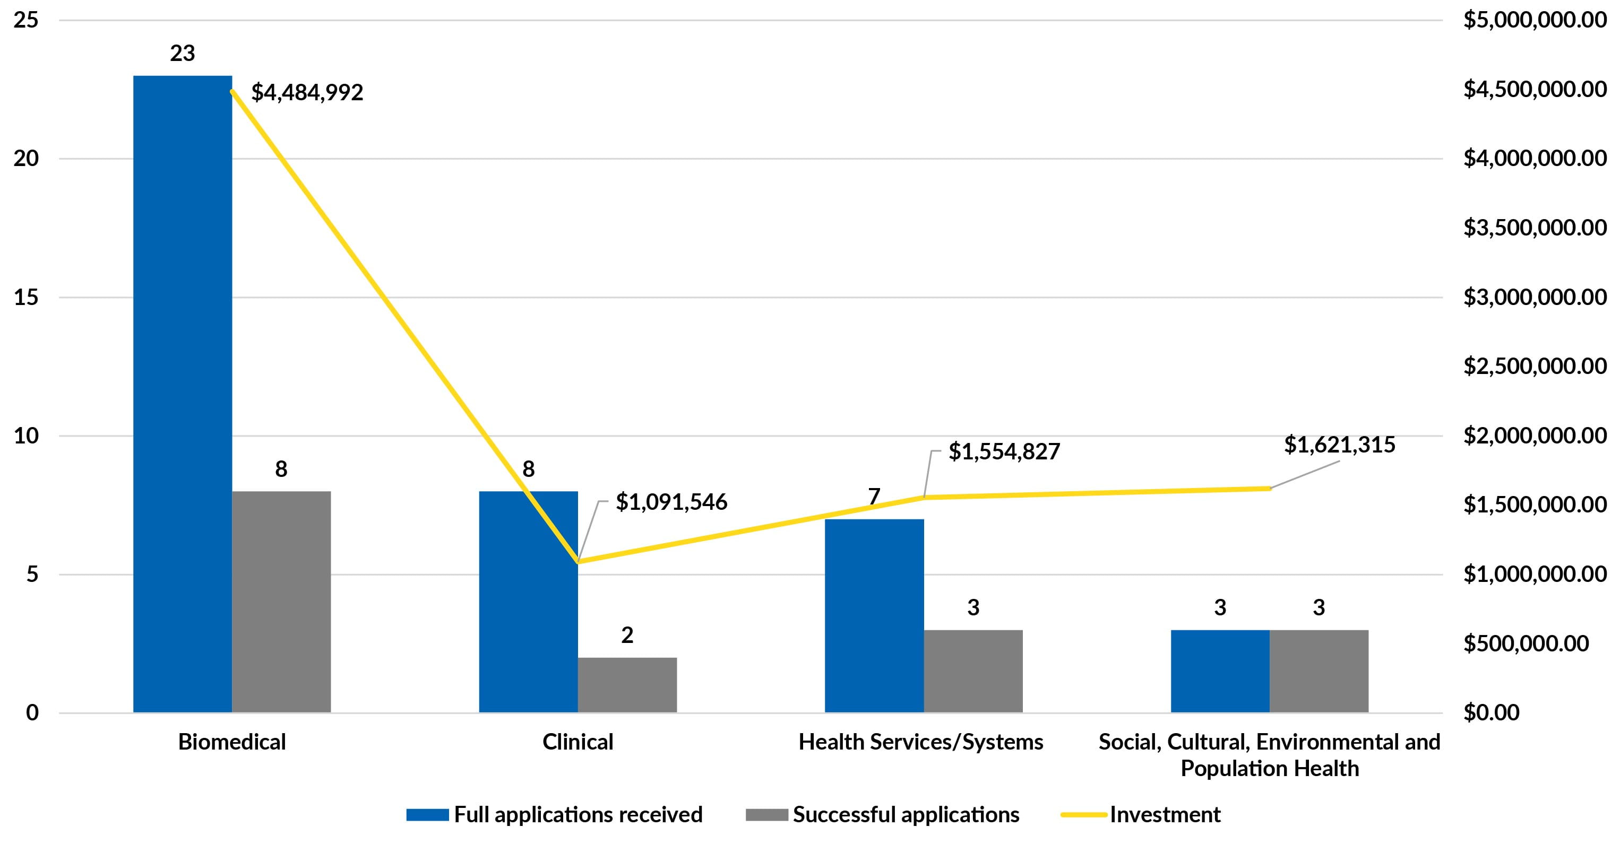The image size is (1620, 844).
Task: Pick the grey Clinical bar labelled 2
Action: coord(627,684)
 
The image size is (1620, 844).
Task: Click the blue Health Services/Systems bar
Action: coord(874,616)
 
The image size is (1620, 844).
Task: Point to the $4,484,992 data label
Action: coord(307,93)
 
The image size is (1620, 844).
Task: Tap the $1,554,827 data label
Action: coord(1004,452)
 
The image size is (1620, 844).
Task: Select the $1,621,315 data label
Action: coord(1340,445)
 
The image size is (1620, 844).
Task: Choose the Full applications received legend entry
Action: coord(578,814)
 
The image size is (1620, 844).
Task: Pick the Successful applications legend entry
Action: coord(905,814)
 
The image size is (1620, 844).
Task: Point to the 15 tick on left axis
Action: coord(27,297)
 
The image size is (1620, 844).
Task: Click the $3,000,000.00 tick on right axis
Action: coord(1535,297)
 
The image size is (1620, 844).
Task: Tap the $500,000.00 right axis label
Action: coord(1526,643)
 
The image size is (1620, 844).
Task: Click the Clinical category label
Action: coord(578,742)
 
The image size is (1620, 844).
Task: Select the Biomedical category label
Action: coord(231,742)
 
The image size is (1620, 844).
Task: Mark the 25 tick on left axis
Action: coord(27,21)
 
